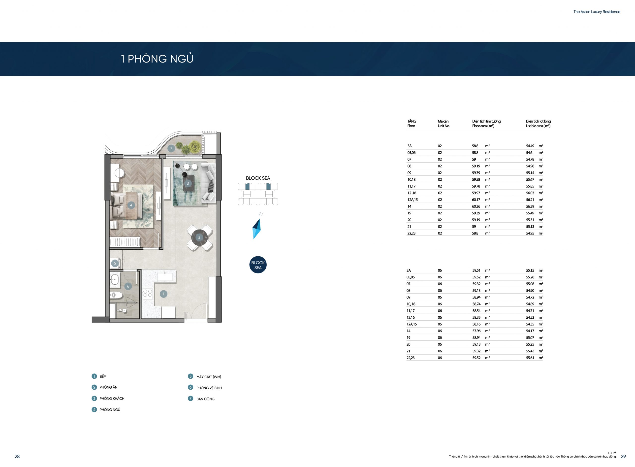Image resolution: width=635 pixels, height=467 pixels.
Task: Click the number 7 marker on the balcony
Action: [x=171, y=148]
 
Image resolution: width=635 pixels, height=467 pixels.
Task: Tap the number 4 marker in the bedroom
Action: [x=131, y=205]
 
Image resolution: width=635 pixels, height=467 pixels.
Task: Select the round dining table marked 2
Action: [x=199, y=237]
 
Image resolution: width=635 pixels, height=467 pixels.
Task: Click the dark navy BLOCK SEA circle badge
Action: [x=258, y=265]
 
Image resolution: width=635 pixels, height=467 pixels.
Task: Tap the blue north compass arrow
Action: [x=256, y=229]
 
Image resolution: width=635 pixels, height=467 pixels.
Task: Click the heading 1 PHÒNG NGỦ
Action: [x=157, y=59]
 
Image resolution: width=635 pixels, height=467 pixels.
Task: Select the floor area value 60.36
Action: [x=476, y=207]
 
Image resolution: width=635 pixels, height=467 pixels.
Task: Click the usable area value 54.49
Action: [x=530, y=146]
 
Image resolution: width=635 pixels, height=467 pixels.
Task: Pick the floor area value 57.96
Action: [x=476, y=331]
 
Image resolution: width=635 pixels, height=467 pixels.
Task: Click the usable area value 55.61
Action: [x=530, y=358]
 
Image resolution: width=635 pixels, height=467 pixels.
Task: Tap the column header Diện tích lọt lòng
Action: [x=538, y=121]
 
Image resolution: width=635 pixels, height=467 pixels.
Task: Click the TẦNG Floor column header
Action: [x=412, y=124]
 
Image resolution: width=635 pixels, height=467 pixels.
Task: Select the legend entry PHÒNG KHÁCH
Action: [x=112, y=399]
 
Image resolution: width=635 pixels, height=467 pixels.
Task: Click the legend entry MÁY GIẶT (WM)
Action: [x=209, y=377]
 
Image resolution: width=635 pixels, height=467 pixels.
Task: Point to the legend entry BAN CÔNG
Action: [x=205, y=399]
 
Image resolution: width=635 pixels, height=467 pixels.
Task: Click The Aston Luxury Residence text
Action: [x=597, y=12]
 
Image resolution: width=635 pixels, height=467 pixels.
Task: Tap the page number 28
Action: [x=17, y=457]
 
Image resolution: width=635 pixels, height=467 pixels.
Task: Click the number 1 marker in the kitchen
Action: [x=163, y=294]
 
